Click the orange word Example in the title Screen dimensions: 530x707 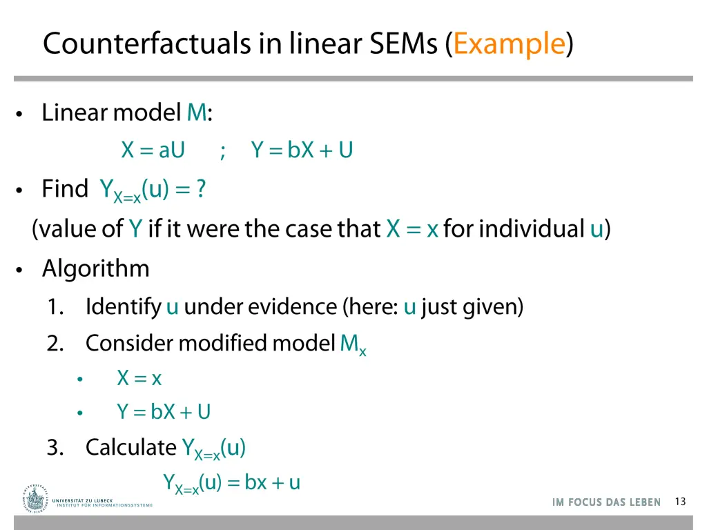(510, 44)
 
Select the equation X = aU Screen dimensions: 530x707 (153, 150)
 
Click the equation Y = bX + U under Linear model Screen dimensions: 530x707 (302, 150)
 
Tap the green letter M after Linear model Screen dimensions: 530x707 (196, 112)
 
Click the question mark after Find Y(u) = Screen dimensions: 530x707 (200, 189)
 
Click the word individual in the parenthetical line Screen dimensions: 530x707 (532, 228)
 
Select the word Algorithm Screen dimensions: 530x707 (96, 268)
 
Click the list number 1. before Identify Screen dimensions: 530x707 (57, 306)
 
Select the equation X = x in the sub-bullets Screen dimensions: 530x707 (139, 378)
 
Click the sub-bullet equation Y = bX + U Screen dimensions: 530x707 (164, 412)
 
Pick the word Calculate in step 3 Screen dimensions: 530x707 (131, 447)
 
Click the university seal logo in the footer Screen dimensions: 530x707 (34, 498)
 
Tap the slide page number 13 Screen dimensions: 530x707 (680, 502)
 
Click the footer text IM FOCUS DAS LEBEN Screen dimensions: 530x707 (606, 502)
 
